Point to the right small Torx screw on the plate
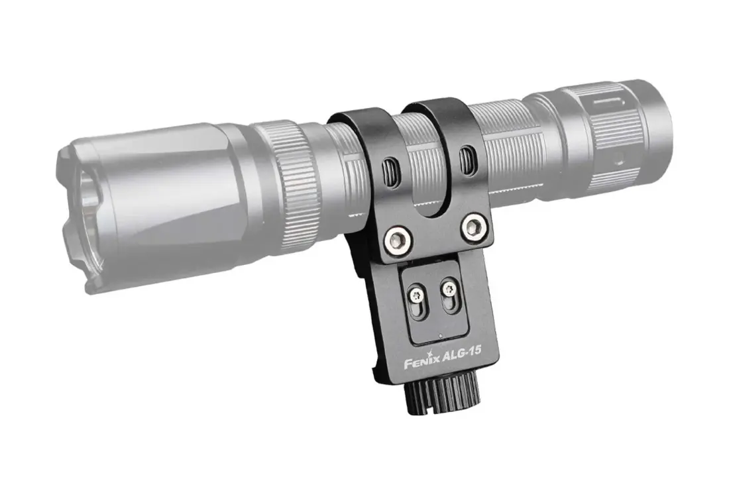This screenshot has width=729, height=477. click(448, 288)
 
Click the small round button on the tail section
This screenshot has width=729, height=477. click(619, 160)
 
